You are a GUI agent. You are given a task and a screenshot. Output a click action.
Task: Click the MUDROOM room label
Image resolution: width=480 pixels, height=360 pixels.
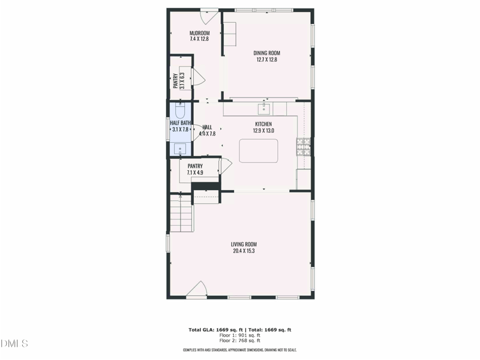tap(199, 33)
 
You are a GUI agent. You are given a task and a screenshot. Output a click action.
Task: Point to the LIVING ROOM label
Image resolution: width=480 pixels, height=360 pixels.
tap(244, 244)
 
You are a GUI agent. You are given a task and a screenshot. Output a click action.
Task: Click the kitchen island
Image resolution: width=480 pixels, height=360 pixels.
tap(259, 151)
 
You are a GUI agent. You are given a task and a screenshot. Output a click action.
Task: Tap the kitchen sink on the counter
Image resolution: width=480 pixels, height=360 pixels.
tap(263, 109)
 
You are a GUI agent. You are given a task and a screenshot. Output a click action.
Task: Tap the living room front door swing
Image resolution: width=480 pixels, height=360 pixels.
tap(197, 290)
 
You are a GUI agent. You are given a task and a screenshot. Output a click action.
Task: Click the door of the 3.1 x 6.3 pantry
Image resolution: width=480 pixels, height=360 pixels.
tap(198, 77)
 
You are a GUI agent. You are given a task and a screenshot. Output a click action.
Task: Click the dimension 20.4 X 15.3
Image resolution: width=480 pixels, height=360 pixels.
tap(244, 251)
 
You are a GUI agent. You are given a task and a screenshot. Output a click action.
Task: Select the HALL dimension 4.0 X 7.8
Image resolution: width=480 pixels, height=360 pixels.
tap(207, 134)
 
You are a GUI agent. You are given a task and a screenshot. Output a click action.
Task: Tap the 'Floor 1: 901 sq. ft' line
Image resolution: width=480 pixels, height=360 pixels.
tap(240, 335)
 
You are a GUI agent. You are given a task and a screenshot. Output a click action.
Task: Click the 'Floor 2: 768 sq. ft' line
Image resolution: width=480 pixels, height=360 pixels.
tap(240, 341)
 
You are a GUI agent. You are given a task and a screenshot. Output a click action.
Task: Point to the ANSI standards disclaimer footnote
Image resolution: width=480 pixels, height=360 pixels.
tap(240, 350)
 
